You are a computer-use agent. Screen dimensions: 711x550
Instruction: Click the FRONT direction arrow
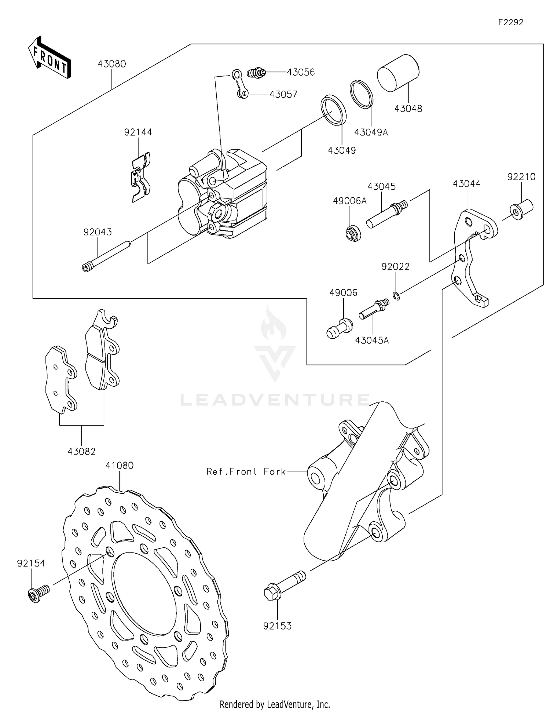point(49,58)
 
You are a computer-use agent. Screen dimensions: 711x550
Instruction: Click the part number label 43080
point(112,64)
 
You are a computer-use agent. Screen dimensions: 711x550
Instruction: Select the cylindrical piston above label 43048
point(398,73)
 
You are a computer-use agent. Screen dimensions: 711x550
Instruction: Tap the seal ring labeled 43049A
point(362,94)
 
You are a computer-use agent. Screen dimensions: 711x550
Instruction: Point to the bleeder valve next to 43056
point(257,72)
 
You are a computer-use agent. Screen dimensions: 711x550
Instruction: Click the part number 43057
point(283,94)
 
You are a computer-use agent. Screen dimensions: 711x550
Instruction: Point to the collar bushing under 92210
point(521,209)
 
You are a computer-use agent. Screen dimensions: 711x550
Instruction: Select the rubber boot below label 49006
point(340,329)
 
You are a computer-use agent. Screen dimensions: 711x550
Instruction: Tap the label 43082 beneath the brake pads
point(81,451)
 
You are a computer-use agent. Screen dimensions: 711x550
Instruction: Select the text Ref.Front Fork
point(246,471)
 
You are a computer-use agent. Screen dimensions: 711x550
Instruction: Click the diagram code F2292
point(510,22)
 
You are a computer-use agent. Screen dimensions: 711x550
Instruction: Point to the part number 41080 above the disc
point(120,465)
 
